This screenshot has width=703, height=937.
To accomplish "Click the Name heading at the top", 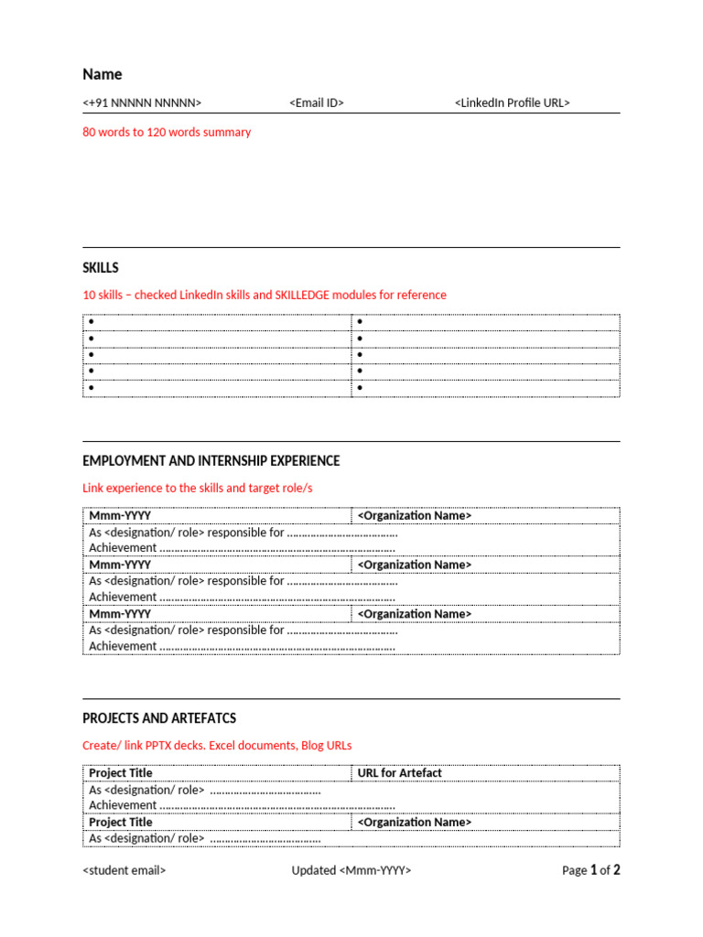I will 102,74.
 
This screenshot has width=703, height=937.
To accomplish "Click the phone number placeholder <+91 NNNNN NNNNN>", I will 142,103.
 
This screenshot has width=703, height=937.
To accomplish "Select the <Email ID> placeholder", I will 317,103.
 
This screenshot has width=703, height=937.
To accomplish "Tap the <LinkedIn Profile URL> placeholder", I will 512,103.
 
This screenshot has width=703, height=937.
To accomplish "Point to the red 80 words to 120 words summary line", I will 167,132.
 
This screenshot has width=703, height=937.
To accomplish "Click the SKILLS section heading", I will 101,268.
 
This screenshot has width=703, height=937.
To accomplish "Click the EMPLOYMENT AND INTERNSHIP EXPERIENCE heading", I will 211,461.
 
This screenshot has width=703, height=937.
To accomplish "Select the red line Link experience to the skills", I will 197,488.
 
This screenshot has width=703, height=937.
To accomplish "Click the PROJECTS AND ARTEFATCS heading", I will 159,718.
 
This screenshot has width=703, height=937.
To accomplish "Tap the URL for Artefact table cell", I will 399,773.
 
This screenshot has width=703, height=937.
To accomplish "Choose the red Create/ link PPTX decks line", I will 217,746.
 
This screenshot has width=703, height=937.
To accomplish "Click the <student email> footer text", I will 124,870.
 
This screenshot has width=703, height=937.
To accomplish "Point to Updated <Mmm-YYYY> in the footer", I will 351,870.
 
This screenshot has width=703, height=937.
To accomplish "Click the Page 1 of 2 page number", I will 590,870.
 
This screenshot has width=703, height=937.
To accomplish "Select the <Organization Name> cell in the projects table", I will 414,822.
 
